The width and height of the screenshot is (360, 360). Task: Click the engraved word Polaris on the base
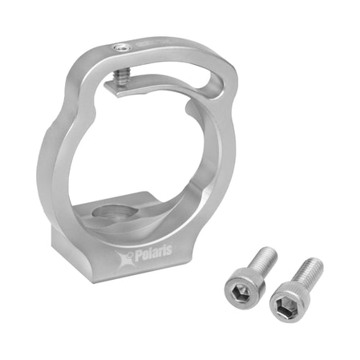click(153, 253)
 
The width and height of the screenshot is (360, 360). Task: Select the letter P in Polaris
click(139, 256)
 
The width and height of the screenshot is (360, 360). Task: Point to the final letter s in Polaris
click(169, 250)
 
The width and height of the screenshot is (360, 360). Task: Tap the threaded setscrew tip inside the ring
click(121, 78)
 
